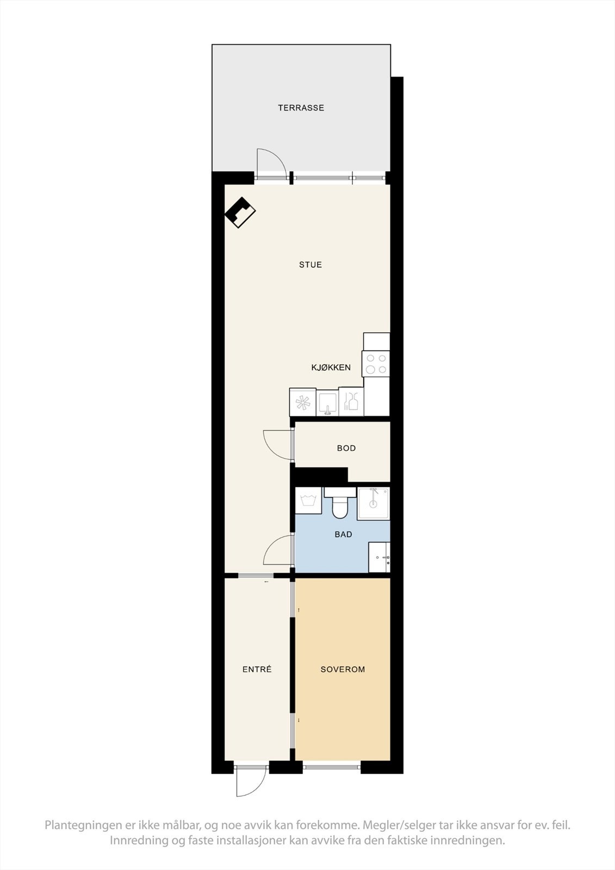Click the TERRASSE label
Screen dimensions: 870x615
tap(301, 108)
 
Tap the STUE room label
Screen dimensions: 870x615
tap(310, 265)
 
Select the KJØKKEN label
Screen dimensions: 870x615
tap(331, 368)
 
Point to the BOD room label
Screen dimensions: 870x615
tap(346, 448)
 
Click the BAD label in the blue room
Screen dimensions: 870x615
tap(343, 535)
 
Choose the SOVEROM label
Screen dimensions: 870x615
tap(343, 669)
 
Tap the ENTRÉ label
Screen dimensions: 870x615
tap(257, 669)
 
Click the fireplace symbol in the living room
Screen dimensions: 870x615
tap(240, 212)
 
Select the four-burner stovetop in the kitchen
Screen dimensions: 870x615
tap(376, 364)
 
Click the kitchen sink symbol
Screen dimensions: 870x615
tap(327, 403)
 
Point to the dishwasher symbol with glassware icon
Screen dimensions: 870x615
tap(351, 402)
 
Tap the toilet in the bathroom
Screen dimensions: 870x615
tap(340, 504)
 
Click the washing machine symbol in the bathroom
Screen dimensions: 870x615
tap(308, 501)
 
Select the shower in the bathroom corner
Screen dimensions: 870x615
tap(374, 504)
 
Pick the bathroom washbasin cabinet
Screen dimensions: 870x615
tap(379, 557)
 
